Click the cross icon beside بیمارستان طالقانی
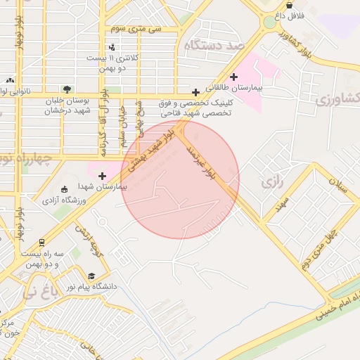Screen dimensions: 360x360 pyautogui.click(x=234, y=77)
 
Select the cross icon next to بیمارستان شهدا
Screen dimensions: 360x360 pyautogui.click(x=103, y=175)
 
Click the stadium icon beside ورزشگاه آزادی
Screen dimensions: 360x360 pyautogui.click(x=65, y=189)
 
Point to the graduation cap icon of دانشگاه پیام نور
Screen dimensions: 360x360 pyautogui.click(x=91, y=276)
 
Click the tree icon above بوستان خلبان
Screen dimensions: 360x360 pyautogui.click(x=67, y=89)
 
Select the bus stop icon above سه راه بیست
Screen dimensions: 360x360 pyautogui.click(x=42, y=241)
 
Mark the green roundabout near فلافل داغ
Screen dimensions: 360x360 pyautogui.click(x=269, y=22)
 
